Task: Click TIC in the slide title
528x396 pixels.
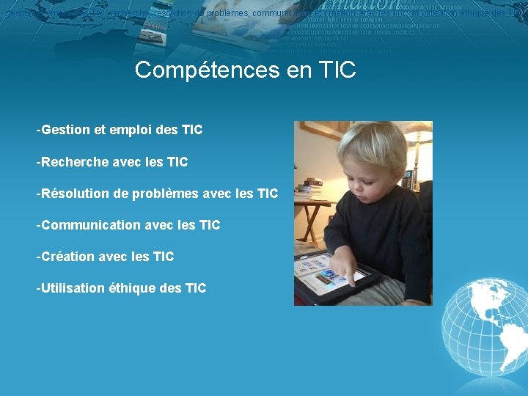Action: coord(337,70)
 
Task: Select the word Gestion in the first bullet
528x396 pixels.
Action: coord(66,131)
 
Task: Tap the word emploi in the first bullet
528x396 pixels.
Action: coord(130,131)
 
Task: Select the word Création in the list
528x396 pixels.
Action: coord(67,257)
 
